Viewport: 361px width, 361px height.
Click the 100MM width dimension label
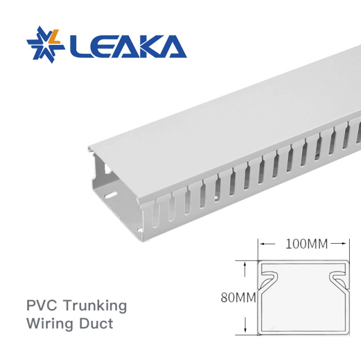[x=306, y=244]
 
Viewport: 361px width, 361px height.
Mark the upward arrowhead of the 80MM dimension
[x=245, y=263]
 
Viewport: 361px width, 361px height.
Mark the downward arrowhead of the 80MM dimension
[x=245, y=331]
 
